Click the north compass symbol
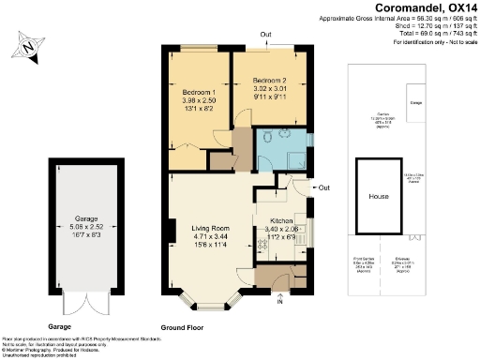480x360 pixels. [x=29, y=44]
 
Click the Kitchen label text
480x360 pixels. [x=281, y=221]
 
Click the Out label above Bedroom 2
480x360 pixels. [x=266, y=36]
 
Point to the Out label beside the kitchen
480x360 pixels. [x=323, y=187]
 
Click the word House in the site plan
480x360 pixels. [x=379, y=197]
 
